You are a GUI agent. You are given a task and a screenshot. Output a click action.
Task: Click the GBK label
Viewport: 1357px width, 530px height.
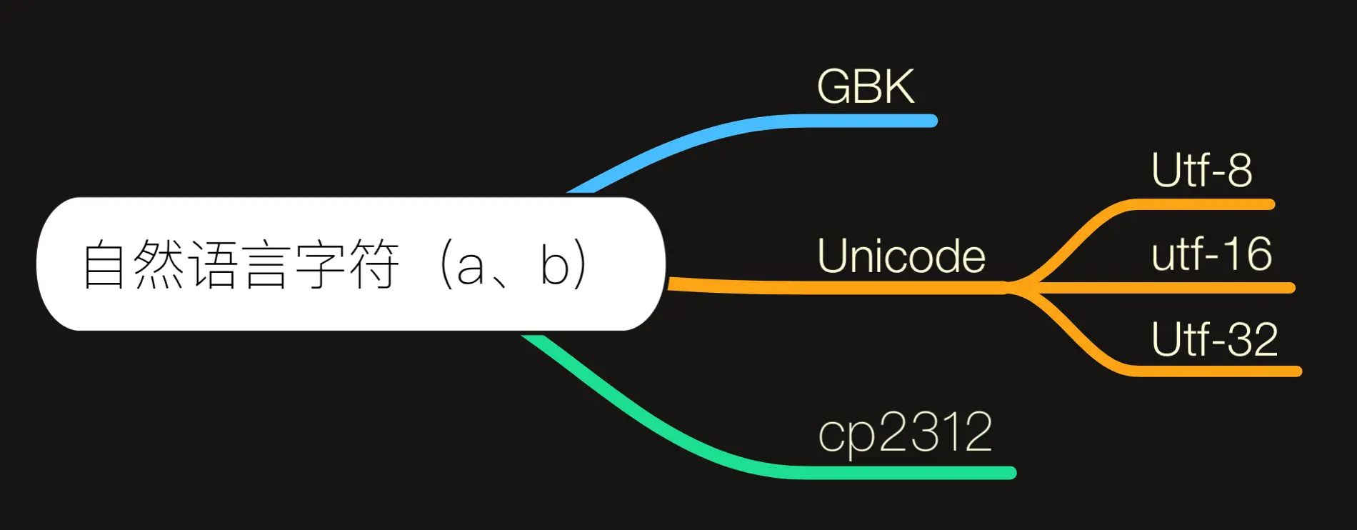865,87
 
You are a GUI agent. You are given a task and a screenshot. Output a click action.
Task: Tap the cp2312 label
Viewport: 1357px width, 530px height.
905,432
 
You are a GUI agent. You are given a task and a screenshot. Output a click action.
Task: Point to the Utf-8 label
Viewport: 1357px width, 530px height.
1201,171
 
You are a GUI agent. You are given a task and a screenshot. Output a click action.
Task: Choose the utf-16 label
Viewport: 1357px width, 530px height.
1211,254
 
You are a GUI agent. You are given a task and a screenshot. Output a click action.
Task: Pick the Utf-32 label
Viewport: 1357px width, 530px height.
1214,339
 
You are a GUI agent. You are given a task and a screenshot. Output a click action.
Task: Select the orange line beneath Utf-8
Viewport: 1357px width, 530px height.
1200,205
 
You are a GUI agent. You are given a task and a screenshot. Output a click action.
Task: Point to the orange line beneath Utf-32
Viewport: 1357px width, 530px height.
1214,371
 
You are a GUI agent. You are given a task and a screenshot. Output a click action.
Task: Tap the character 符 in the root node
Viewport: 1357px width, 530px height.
373,264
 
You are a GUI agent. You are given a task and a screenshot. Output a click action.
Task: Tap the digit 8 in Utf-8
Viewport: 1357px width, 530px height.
1239,171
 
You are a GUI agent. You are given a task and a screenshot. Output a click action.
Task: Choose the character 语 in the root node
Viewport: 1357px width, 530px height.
212,264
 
